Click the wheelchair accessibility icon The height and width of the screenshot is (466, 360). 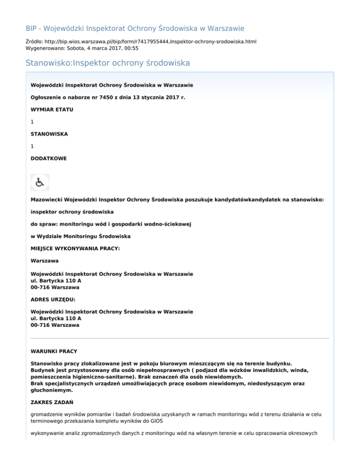(x=40, y=182)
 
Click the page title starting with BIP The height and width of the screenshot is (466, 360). (x=135, y=28)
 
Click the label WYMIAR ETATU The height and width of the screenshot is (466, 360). (x=52, y=109)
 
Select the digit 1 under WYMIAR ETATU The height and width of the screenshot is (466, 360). (x=32, y=121)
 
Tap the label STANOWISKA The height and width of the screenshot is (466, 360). (x=49, y=134)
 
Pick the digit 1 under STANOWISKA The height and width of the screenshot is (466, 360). (x=32, y=146)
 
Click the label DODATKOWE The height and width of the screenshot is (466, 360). (x=48, y=158)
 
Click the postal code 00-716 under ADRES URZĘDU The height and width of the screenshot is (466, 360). (x=41, y=325)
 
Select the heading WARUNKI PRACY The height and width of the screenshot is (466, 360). (x=54, y=351)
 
